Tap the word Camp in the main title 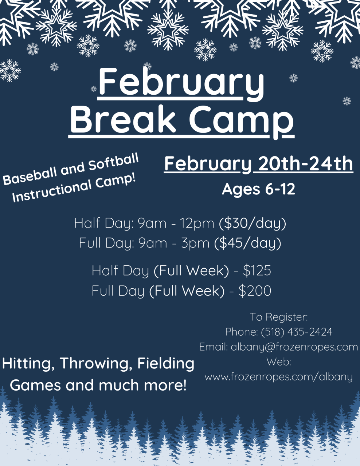[x=241, y=122]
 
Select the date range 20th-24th [x=305, y=163]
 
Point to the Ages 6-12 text [x=258, y=189]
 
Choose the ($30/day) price [x=252, y=224]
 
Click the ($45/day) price [x=247, y=243]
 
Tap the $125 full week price [x=257, y=270]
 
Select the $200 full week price [x=255, y=291]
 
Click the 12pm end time [x=197, y=224]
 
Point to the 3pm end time [x=195, y=244]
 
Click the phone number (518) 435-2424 [x=297, y=332]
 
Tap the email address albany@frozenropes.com [x=294, y=347]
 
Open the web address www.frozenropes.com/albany [x=278, y=377]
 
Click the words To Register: [x=279, y=317]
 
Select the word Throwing [x=96, y=364]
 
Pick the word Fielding [x=166, y=364]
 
